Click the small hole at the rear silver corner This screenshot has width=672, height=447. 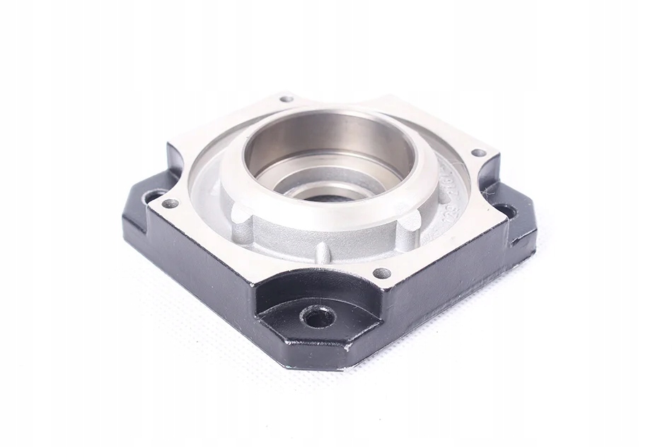click(286, 99)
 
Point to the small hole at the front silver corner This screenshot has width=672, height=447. click(382, 273)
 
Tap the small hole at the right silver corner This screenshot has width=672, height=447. click(478, 153)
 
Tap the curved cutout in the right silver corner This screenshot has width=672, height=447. click(488, 177)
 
